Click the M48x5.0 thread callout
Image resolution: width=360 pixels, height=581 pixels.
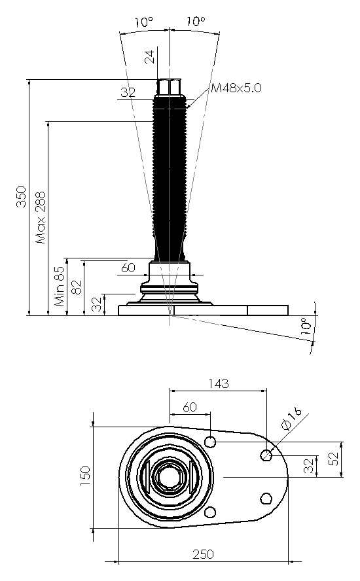coord(236,88)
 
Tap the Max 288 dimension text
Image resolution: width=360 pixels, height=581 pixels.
coord(41,217)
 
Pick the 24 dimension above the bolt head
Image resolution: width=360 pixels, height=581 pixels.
coord(149,57)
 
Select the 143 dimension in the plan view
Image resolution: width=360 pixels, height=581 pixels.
coord(219,383)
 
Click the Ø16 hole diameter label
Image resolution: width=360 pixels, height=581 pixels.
coord(291,418)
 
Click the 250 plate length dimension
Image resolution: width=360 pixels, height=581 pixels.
coord(203,554)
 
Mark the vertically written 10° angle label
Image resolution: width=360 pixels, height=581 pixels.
coord(306,326)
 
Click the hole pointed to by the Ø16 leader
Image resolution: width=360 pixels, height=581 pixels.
coord(266,454)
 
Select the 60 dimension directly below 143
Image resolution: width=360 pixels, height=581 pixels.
coord(189,407)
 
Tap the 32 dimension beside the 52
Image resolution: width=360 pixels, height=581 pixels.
coord(309,466)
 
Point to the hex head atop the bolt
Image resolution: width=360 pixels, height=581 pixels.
coord(170,87)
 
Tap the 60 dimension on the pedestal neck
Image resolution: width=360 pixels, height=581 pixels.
coord(128,268)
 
